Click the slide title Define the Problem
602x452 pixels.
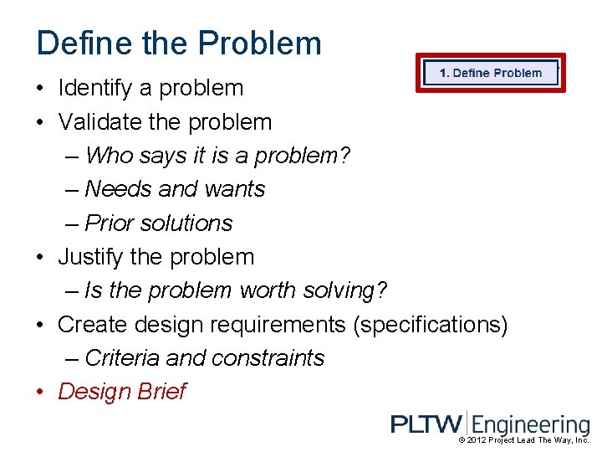point(179,43)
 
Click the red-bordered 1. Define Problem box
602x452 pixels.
point(491,73)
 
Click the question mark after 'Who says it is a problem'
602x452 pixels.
point(346,156)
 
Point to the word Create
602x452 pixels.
point(93,324)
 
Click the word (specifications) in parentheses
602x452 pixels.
point(430,324)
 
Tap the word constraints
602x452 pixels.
point(268,358)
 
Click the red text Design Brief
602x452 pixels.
point(122,392)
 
